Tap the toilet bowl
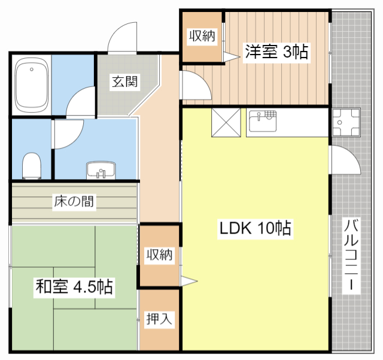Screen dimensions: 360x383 [31, 165]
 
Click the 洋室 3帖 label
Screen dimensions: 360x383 [276, 52]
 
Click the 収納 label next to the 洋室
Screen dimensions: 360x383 [202, 36]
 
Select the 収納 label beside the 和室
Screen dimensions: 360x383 [159, 255]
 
